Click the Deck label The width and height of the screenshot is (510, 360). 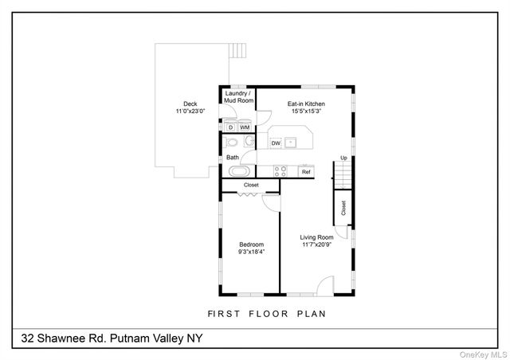[x=190, y=103]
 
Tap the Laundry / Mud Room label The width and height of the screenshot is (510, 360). [x=239, y=98]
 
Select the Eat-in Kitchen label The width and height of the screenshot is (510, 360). [x=306, y=104]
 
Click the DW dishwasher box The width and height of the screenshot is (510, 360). [x=276, y=143]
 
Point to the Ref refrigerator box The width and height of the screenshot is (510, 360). [x=305, y=171]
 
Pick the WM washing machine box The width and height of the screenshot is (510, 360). [x=245, y=127]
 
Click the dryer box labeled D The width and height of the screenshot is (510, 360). [x=229, y=127]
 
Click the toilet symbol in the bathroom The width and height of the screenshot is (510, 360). [x=231, y=143]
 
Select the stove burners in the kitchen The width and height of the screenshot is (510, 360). [x=280, y=170]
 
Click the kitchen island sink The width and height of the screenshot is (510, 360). [x=292, y=143]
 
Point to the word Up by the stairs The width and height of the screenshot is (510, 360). [x=344, y=158]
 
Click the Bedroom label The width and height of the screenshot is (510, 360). [x=251, y=245]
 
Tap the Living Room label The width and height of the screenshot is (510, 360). [x=316, y=237]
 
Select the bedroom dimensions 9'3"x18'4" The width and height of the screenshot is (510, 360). [x=251, y=252]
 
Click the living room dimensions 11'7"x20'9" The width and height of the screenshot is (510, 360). [x=316, y=245]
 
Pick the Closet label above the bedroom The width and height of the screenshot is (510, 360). [x=251, y=185]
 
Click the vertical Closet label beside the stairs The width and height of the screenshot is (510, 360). [x=343, y=208]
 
